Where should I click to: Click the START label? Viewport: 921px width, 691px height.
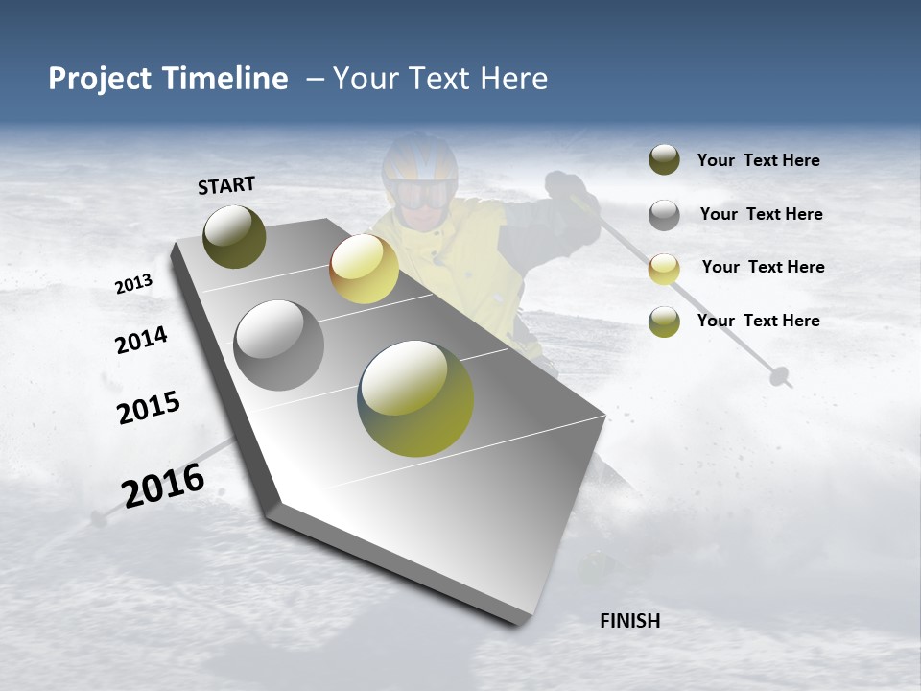[x=226, y=185]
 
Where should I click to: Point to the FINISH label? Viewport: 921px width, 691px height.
[x=630, y=621]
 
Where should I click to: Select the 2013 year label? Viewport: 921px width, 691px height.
[x=133, y=284]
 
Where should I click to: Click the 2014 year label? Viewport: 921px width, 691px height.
[x=141, y=340]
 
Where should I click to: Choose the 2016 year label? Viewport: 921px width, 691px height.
[x=163, y=486]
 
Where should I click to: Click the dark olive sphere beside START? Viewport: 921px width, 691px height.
[x=234, y=236]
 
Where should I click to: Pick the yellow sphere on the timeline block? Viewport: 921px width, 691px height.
[x=364, y=269]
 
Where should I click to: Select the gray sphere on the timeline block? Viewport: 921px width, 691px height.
[x=278, y=345]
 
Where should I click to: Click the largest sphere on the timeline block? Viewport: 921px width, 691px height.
[x=415, y=398]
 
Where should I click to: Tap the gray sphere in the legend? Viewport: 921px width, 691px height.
[x=664, y=215]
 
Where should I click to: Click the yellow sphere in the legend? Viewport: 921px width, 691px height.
[x=664, y=269]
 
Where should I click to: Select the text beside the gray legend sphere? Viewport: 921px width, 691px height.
[x=761, y=214]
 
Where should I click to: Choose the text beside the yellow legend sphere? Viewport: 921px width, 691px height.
[x=763, y=267]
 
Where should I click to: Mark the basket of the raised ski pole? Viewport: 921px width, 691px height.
[x=781, y=375]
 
